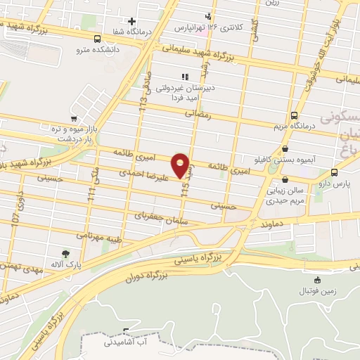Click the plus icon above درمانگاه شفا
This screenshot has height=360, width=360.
coord(131,22)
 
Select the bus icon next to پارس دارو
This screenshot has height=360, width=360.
coord(334,172)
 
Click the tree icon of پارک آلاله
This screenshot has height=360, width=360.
coord(65,253)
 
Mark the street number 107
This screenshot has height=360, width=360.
coord(15,217)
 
